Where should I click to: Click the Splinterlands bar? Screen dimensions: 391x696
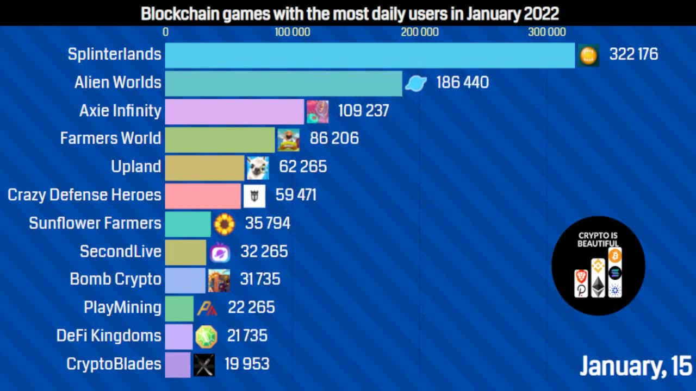pyautogui.click(x=370, y=55)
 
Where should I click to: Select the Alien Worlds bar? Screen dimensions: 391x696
pyautogui.click(x=283, y=83)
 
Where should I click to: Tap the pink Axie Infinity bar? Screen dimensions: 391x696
pyautogui.click(x=234, y=111)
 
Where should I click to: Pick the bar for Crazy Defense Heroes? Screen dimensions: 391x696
pyautogui.click(x=203, y=195)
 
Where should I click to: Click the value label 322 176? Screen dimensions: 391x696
pyautogui.click(x=633, y=54)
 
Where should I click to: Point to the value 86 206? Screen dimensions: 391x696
pyautogui.click(x=334, y=138)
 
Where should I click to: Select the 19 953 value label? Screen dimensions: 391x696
pyautogui.click(x=247, y=364)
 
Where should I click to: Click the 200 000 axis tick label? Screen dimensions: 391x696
pyautogui.click(x=420, y=32)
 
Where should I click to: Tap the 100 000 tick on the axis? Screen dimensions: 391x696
pyautogui.click(x=292, y=32)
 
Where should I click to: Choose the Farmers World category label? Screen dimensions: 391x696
pyautogui.click(x=110, y=138)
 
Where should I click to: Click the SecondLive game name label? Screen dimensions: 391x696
pyautogui.click(x=120, y=251)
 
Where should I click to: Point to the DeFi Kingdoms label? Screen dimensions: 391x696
pyautogui.click(x=109, y=336)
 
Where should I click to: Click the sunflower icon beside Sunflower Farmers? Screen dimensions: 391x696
pyautogui.click(x=224, y=224)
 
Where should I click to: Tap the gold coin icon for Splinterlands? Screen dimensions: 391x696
pyautogui.click(x=588, y=55)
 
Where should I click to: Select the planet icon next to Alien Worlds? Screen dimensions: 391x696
pyautogui.click(x=416, y=83)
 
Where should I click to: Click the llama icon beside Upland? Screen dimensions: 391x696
pyautogui.click(x=257, y=167)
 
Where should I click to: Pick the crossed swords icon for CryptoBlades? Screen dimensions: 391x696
pyautogui.click(x=204, y=364)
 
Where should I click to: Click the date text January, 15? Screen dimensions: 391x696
pyautogui.click(x=635, y=367)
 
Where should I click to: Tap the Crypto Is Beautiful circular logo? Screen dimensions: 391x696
pyautogui.click(x=598, y=266)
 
